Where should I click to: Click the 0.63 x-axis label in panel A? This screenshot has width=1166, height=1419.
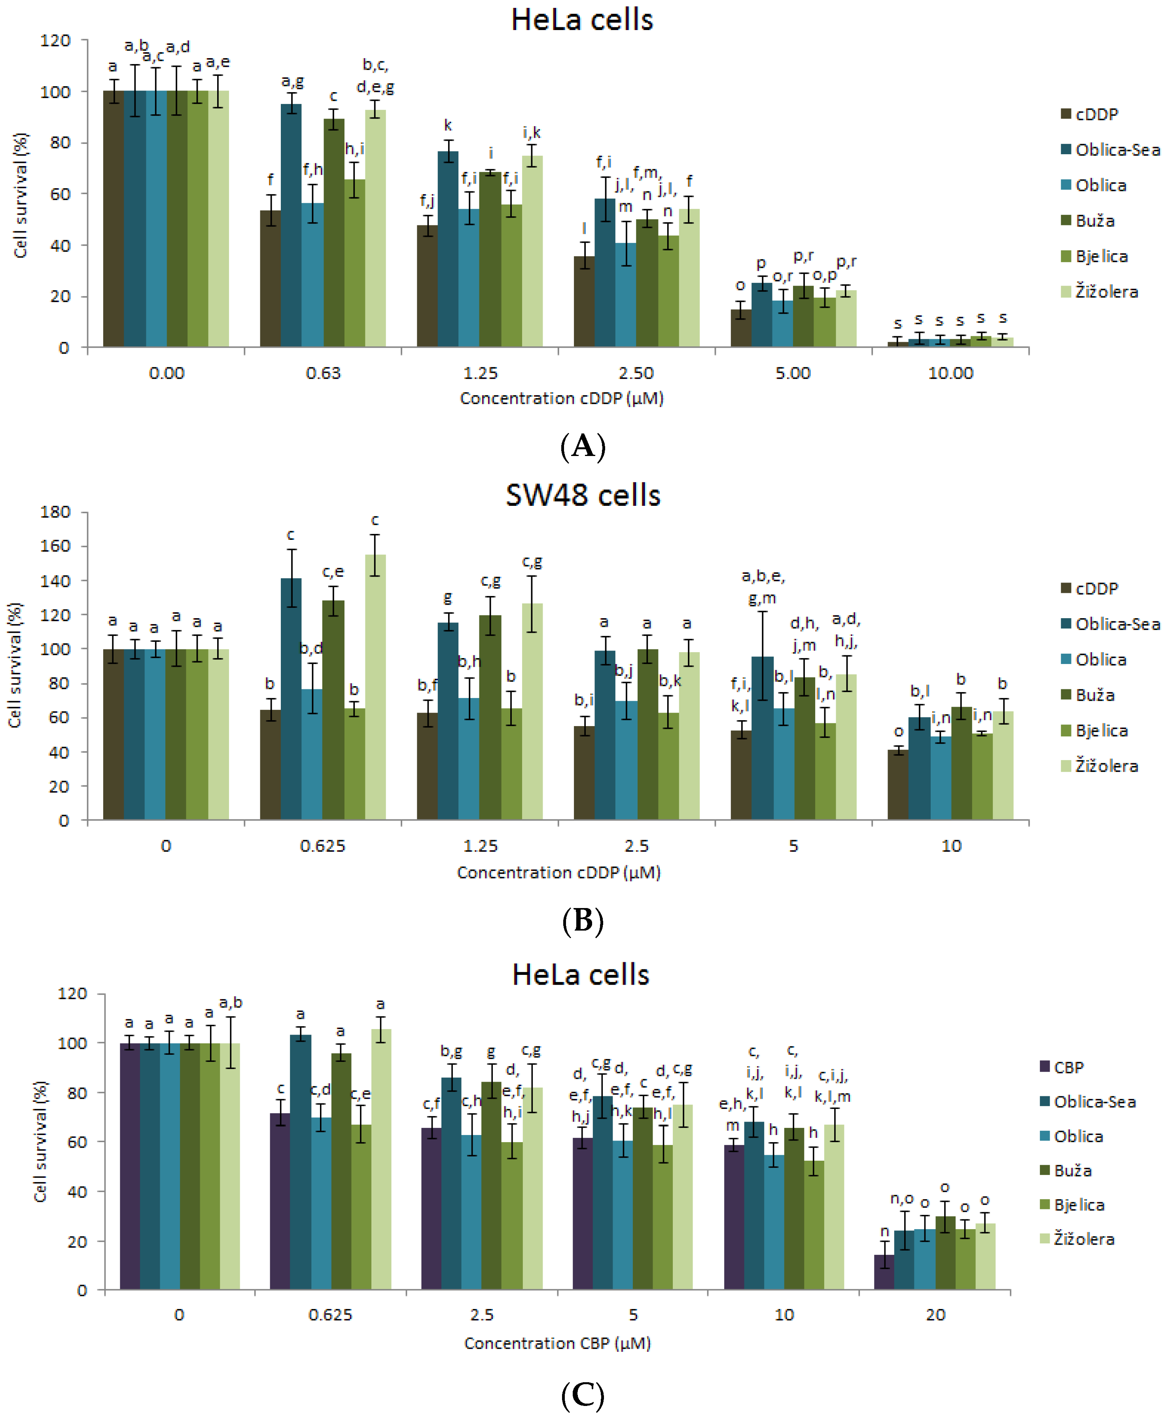point(323,373)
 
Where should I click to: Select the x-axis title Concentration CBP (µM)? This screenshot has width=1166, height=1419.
point(557,1343)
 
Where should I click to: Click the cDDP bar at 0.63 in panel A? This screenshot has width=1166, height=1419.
point(270,279)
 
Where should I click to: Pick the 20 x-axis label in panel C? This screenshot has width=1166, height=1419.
point(935,1314)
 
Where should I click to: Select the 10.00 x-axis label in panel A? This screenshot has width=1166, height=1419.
point(950,373)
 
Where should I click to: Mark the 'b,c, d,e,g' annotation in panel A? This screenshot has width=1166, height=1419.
point(375,76)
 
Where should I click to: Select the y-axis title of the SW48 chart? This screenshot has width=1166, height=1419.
point(15,665)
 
